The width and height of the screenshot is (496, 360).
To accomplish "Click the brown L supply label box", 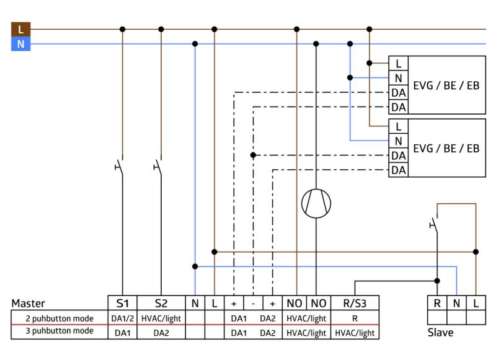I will click(x=20, y=29).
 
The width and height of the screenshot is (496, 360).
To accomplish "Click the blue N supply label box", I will click(x=20, y=44).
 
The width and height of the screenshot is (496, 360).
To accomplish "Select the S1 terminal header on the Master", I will click(x=122, y=303).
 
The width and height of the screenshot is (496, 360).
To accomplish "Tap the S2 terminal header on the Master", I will click(x=161, y=303).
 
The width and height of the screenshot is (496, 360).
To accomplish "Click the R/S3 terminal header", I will click(x=355, y=303).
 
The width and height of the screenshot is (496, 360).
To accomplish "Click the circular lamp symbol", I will click(x=316, y=203).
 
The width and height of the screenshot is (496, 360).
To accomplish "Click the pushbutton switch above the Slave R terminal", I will click(x=434, y=224).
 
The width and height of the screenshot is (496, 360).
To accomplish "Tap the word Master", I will click(x=29, y=304).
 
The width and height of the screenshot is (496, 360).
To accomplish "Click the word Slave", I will click(x=440, y=333).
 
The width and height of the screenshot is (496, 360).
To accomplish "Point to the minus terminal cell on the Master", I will click(x=253, y=304).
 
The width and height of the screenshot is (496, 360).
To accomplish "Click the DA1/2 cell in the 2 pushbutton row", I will click(x=122, y=318).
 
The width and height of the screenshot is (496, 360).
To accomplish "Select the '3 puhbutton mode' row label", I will click(x=59, y=331).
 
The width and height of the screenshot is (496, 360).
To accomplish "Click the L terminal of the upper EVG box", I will click(x=398, y=63).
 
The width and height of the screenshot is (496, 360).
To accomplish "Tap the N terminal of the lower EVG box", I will click(x=398, y=141).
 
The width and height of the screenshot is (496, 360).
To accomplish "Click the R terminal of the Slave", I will click(x=437, y=303).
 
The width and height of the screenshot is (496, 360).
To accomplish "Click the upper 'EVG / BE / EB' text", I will click(x=446, y=85).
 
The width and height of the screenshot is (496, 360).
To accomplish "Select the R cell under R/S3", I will click(x=355, y=318).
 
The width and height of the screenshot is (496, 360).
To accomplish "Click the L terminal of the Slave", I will click(x=476, y=303).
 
